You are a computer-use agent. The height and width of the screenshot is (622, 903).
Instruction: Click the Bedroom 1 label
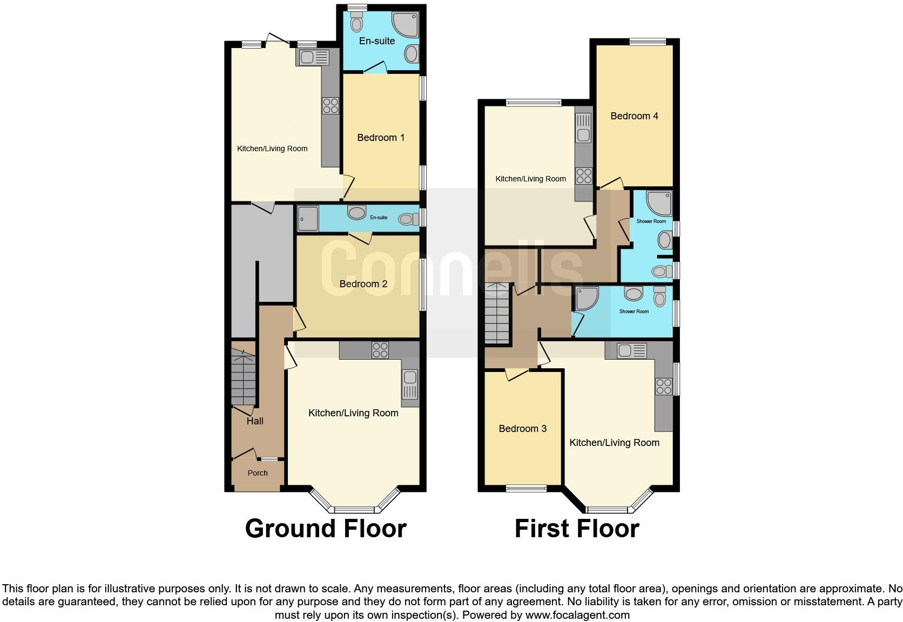(x=381, y=138)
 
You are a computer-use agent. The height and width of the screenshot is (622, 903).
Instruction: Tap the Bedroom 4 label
(x=634, y=116)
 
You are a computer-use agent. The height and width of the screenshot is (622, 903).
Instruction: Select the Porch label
(x=258, y=473)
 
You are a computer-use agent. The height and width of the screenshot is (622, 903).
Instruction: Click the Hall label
(x=255, y=421)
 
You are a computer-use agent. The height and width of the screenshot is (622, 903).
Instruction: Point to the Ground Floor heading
(x=326, y=529)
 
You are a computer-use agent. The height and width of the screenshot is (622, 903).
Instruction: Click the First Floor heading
(x=577, y=529)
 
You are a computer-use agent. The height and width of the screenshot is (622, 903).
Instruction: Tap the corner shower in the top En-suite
(x=405, y=23)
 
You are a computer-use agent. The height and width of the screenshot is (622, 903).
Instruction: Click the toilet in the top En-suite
(x=356, y=23)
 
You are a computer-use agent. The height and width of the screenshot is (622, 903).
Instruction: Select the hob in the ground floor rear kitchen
(x=330, y=105)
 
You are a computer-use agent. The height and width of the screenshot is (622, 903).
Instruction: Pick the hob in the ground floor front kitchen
(x=380, y=350)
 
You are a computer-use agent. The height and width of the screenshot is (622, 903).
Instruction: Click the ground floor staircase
(x=243, y=378)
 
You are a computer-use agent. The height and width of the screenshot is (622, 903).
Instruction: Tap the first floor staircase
(x=496, y=313)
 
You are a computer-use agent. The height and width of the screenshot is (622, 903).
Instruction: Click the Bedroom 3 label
(x=522, y=429)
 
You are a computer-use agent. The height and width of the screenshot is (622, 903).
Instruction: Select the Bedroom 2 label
(x=363, y=284)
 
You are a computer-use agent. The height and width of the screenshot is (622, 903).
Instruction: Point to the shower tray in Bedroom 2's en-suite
(x=307, y=219)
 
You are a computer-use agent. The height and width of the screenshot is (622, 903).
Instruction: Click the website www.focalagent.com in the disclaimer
(x=577, y=615)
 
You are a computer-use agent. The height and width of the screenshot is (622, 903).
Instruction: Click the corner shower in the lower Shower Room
(x=587, y=298)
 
